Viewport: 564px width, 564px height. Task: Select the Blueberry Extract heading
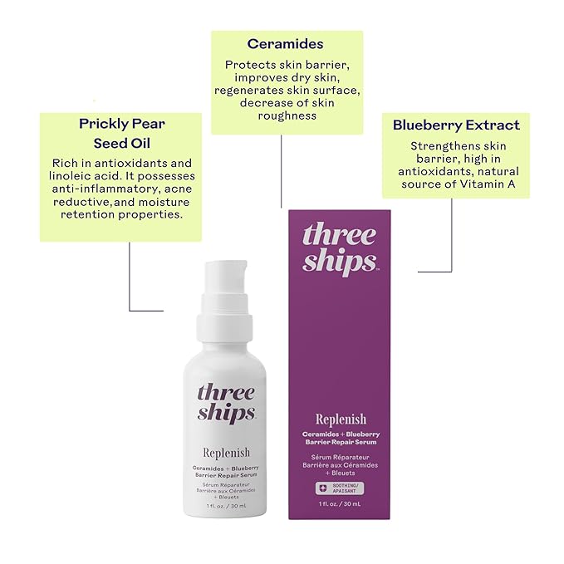[x=456, y=125]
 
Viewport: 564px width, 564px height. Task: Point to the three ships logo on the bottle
[x=227, y=402]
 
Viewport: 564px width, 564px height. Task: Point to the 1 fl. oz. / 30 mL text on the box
[x=340, y=504]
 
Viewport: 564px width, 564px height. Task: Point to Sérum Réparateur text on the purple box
[x=340, y=456]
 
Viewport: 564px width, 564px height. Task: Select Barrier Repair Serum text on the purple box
[x=340, y=442]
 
